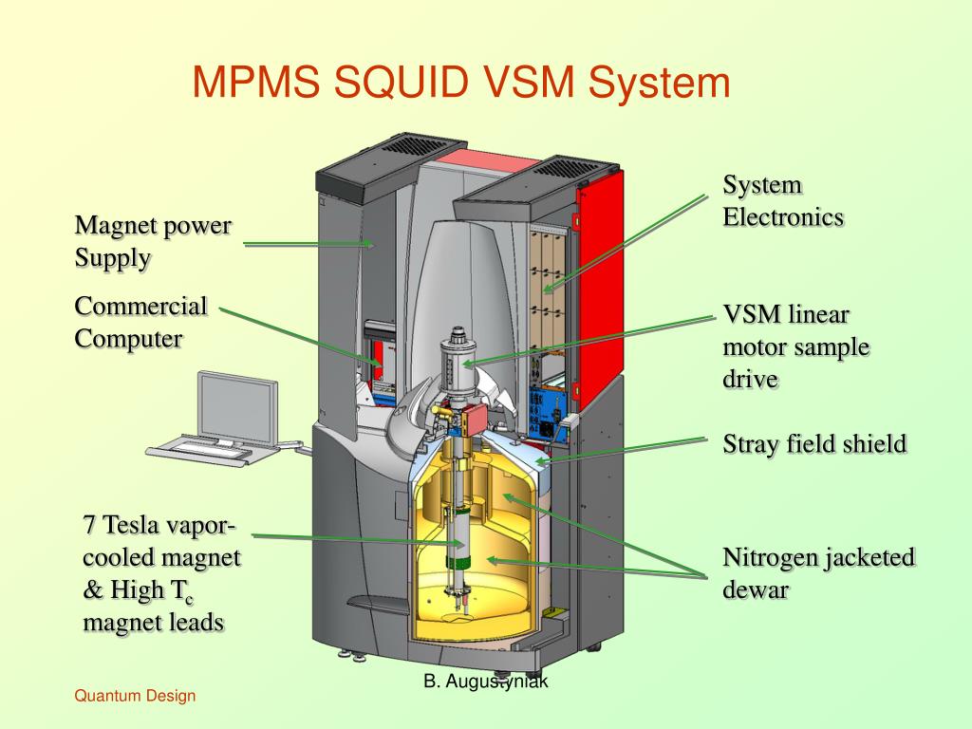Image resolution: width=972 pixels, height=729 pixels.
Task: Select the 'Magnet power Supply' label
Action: (x=153, y=242)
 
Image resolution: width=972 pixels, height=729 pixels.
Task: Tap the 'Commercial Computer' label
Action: (x=140, y=322)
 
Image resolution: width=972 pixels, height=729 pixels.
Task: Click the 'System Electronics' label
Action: (x=783, y=200)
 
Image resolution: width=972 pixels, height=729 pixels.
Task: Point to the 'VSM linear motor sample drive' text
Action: (x=795, y=346)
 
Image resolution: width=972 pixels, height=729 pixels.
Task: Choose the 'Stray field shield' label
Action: (x=814, y=443)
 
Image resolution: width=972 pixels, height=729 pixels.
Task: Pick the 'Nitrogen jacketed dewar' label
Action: (x=818, y=572)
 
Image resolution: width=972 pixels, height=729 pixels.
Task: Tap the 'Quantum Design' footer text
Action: (x=135, y=696)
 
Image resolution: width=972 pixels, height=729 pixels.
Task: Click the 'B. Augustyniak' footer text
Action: (x=485, y=681)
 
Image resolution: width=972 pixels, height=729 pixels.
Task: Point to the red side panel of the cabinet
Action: (x=600, y=275)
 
